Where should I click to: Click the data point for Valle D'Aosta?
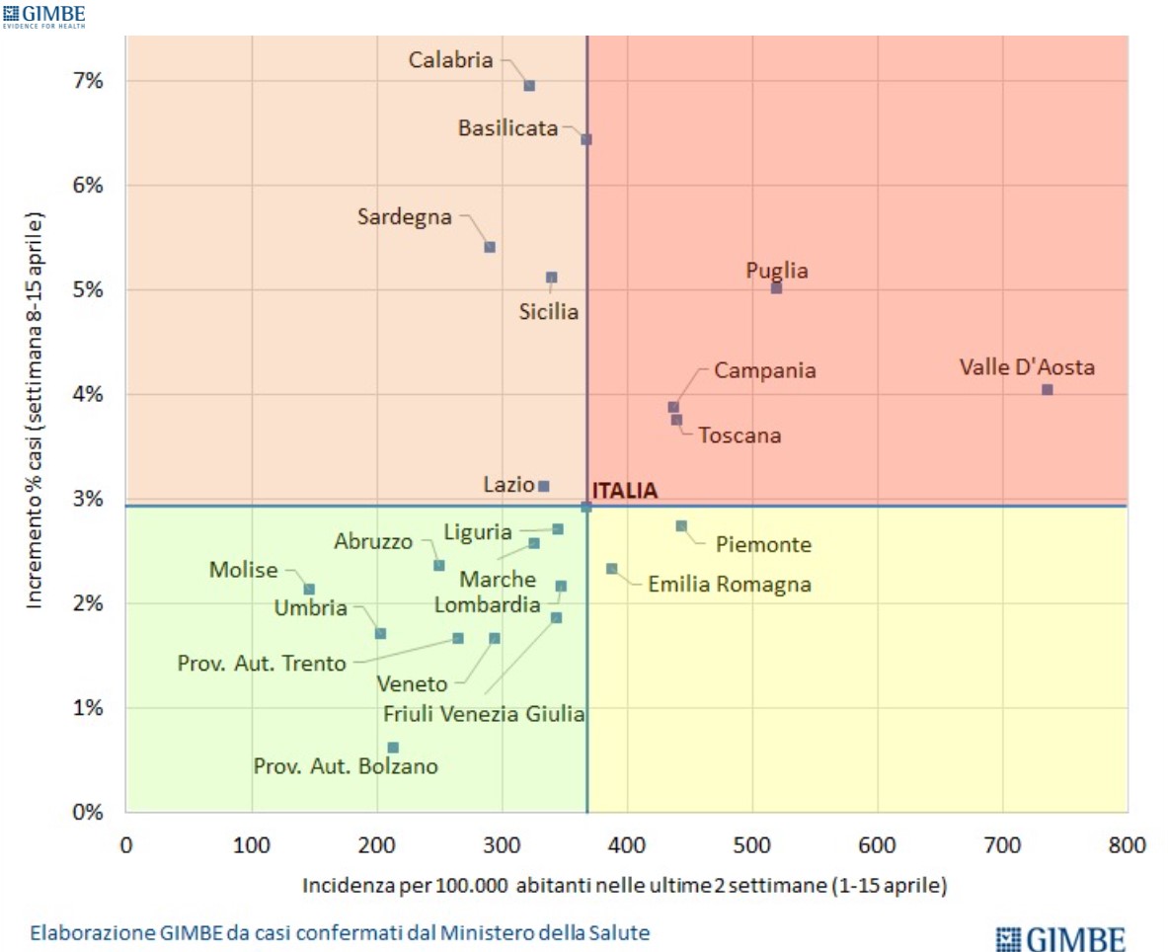click(x=1047, y=390)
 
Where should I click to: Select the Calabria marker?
click(x=529, y=86)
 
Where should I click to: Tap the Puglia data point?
click(x=776, y=288)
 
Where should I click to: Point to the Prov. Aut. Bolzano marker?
click(x=393, y=748)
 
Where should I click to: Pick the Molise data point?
click(x=309, y=590)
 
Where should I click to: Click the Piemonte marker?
click(x=681, y=526)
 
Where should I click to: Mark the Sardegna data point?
click(x=490, y=247)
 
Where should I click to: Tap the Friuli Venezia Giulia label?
click(x=484, y=713)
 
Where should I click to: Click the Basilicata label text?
click(x=508, y=128)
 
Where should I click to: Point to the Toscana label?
click(x=740, y=436)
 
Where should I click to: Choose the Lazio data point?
click(x=543, y=486)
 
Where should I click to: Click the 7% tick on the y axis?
click(x=87, y=81)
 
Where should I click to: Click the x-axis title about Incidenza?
click(x=625, y=886)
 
